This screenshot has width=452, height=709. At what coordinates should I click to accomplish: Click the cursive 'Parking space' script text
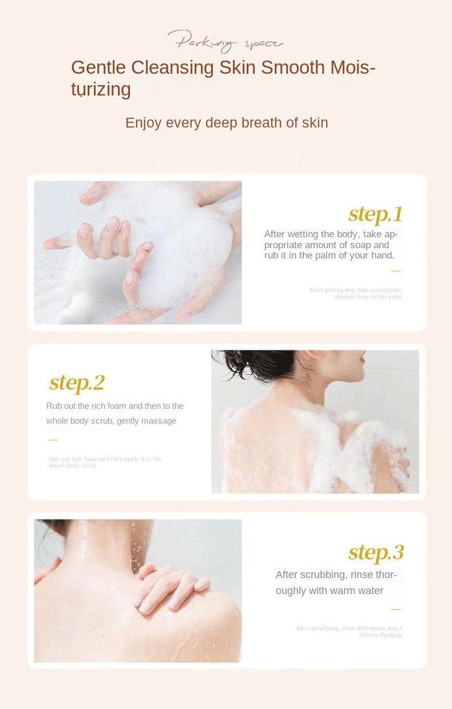tap(225, 42)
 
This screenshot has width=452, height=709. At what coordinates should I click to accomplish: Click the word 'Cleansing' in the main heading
tap(172, 67)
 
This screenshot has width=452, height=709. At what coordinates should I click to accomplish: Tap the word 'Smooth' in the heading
tap(293, 67)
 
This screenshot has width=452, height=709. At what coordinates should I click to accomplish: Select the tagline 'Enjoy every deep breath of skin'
tap(227, 123)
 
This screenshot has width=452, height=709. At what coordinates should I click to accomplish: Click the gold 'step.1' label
tap(376, 214)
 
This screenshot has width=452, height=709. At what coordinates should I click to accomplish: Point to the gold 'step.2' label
tap(77, 383)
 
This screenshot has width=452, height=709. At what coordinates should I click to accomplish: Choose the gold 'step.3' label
tap(376, 552)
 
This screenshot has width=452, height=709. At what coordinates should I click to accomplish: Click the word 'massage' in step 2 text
tap(161, 421)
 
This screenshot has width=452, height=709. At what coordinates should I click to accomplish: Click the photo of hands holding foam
tap(137, 252)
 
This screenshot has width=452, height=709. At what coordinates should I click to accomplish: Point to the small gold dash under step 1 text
tap(395, 271)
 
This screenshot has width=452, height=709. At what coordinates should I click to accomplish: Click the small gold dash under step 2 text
tap(53, 440)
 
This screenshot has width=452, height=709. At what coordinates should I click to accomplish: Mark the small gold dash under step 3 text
tap(395, 610)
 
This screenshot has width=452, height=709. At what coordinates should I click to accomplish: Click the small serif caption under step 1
tap(355, 293)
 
